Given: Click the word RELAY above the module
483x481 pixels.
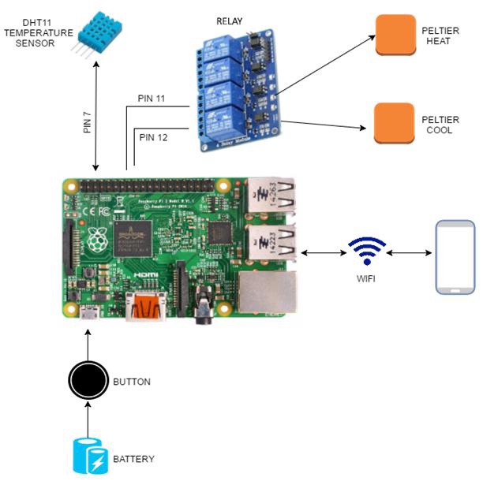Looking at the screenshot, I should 229,21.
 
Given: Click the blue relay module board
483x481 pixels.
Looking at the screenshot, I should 236,87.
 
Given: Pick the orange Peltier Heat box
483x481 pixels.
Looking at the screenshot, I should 395,35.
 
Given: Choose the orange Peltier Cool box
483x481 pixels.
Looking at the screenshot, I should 394,123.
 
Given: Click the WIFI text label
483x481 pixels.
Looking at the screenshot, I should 367,278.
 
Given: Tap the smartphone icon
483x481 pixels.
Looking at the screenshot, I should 456,258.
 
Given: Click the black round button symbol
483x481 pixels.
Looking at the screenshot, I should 87,381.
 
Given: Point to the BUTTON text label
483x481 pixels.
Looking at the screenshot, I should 132,382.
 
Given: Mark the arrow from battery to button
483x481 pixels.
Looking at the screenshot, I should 87,419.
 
